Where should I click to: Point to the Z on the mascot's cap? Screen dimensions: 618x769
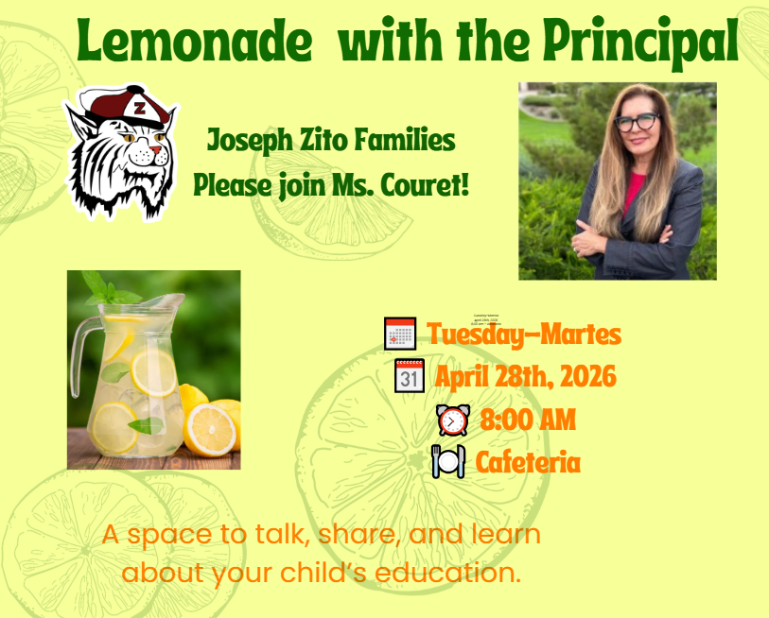[139, 108]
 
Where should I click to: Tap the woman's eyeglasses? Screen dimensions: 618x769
[637, 122]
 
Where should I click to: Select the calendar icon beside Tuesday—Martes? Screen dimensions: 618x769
[400, 334]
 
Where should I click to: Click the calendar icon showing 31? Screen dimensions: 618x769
[409, 376]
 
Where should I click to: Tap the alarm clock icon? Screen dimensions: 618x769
[452, 420]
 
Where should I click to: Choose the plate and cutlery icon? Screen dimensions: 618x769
[448, 462]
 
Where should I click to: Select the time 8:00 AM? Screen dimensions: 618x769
[528, 420]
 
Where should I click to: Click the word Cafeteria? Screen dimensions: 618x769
[528, 462]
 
